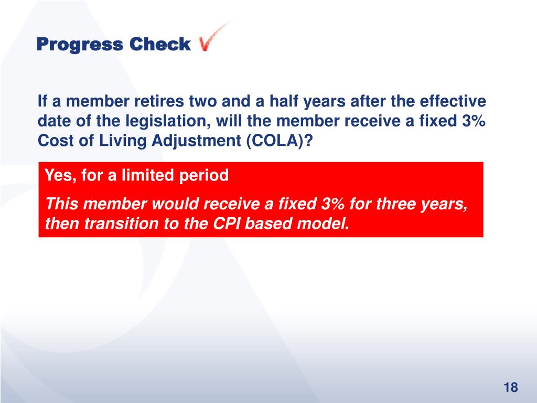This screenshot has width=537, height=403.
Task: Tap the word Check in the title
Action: (x=160, y=45)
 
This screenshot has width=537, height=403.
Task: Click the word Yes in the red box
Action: (x=58, y=176)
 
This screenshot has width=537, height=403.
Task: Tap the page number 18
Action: (x=510, y=388)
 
